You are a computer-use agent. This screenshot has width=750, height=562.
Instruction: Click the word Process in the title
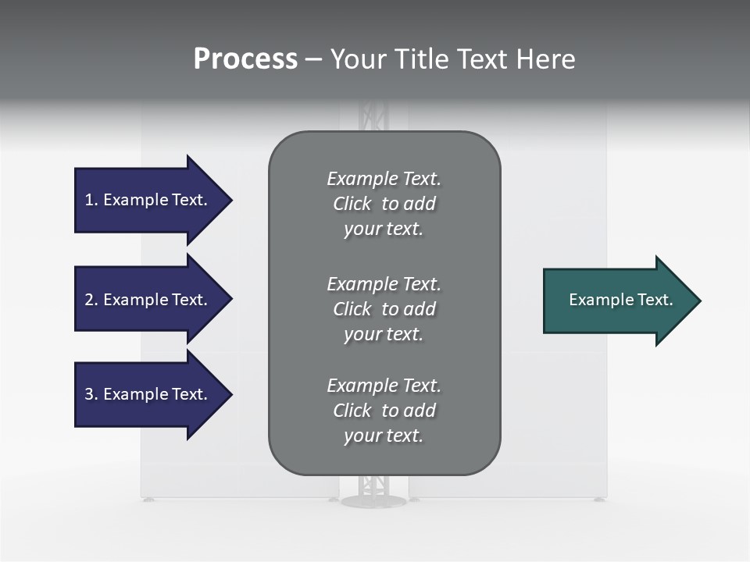pyautogui.click(x=245, y=59)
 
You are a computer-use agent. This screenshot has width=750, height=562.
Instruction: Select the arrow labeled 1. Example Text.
pyautogui.click(x=148, y=200)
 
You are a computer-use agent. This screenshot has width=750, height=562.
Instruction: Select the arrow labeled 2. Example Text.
pyautogui.click(x=148, y=300)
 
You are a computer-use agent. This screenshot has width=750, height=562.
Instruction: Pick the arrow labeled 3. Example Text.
pyautogui.click(x=148, y=394)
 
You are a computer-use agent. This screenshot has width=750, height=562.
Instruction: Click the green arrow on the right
pyautogui.click(x=617, y=301)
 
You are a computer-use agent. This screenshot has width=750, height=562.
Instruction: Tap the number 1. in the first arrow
pyautogui.click(x=91, y=200)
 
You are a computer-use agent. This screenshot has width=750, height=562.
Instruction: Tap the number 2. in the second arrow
pyautogui.click(x=91, y=300)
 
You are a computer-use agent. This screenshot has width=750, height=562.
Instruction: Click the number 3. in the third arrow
pyautogui.click(x=91, y=394)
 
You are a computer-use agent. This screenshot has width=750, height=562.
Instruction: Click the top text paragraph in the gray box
pyautogui.click(x=384, y=204)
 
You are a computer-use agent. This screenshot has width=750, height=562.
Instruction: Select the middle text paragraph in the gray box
pyautogui.click(x=384, y=309)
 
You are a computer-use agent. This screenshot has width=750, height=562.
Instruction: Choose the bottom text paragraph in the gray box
pyautogui.click(x=384, y=411)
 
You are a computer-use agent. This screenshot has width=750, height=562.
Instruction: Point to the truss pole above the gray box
pyautogui.click(x=373, y=117)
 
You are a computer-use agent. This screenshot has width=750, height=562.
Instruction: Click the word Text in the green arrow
pyautogui.click(x=655, y=300)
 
